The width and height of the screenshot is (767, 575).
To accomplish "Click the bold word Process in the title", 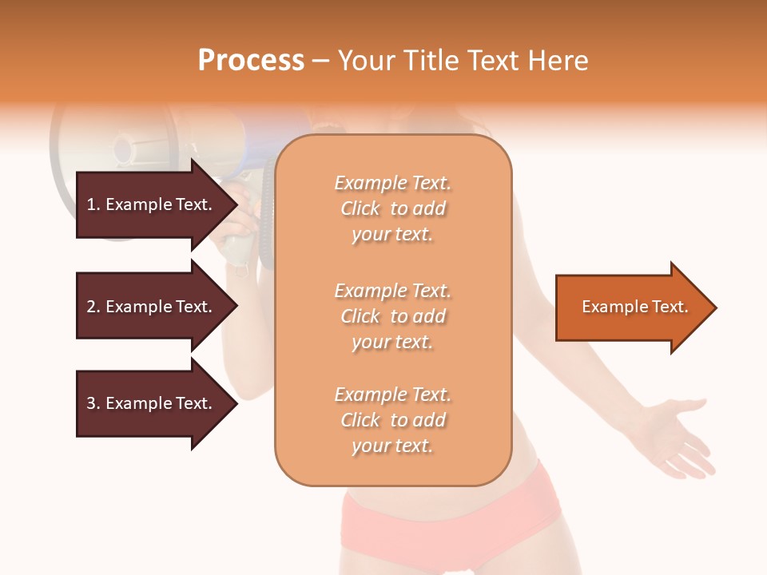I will [x=251, y=61].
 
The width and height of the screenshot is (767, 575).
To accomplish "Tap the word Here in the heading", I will [x=558, y=61].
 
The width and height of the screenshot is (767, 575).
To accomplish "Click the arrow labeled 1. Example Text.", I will [x=152, y=204].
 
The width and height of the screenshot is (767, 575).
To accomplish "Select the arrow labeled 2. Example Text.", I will [x=152, y=307].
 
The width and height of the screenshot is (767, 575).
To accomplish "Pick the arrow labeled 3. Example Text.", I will [x=152, y=403].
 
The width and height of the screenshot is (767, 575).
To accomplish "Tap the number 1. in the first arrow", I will [x=93, y=204].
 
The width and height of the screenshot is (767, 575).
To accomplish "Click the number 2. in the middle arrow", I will [x=93, y=307].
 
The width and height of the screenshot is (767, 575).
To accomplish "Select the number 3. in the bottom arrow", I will [x=93, y=403].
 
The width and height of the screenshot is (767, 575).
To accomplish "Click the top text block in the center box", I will [x=392, y=208].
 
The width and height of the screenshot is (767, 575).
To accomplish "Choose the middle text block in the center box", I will [x=392, y=316].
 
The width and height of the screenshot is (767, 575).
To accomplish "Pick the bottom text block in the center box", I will [x=392, y=420].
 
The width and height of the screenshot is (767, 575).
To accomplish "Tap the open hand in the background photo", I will [x=675, y=435].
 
